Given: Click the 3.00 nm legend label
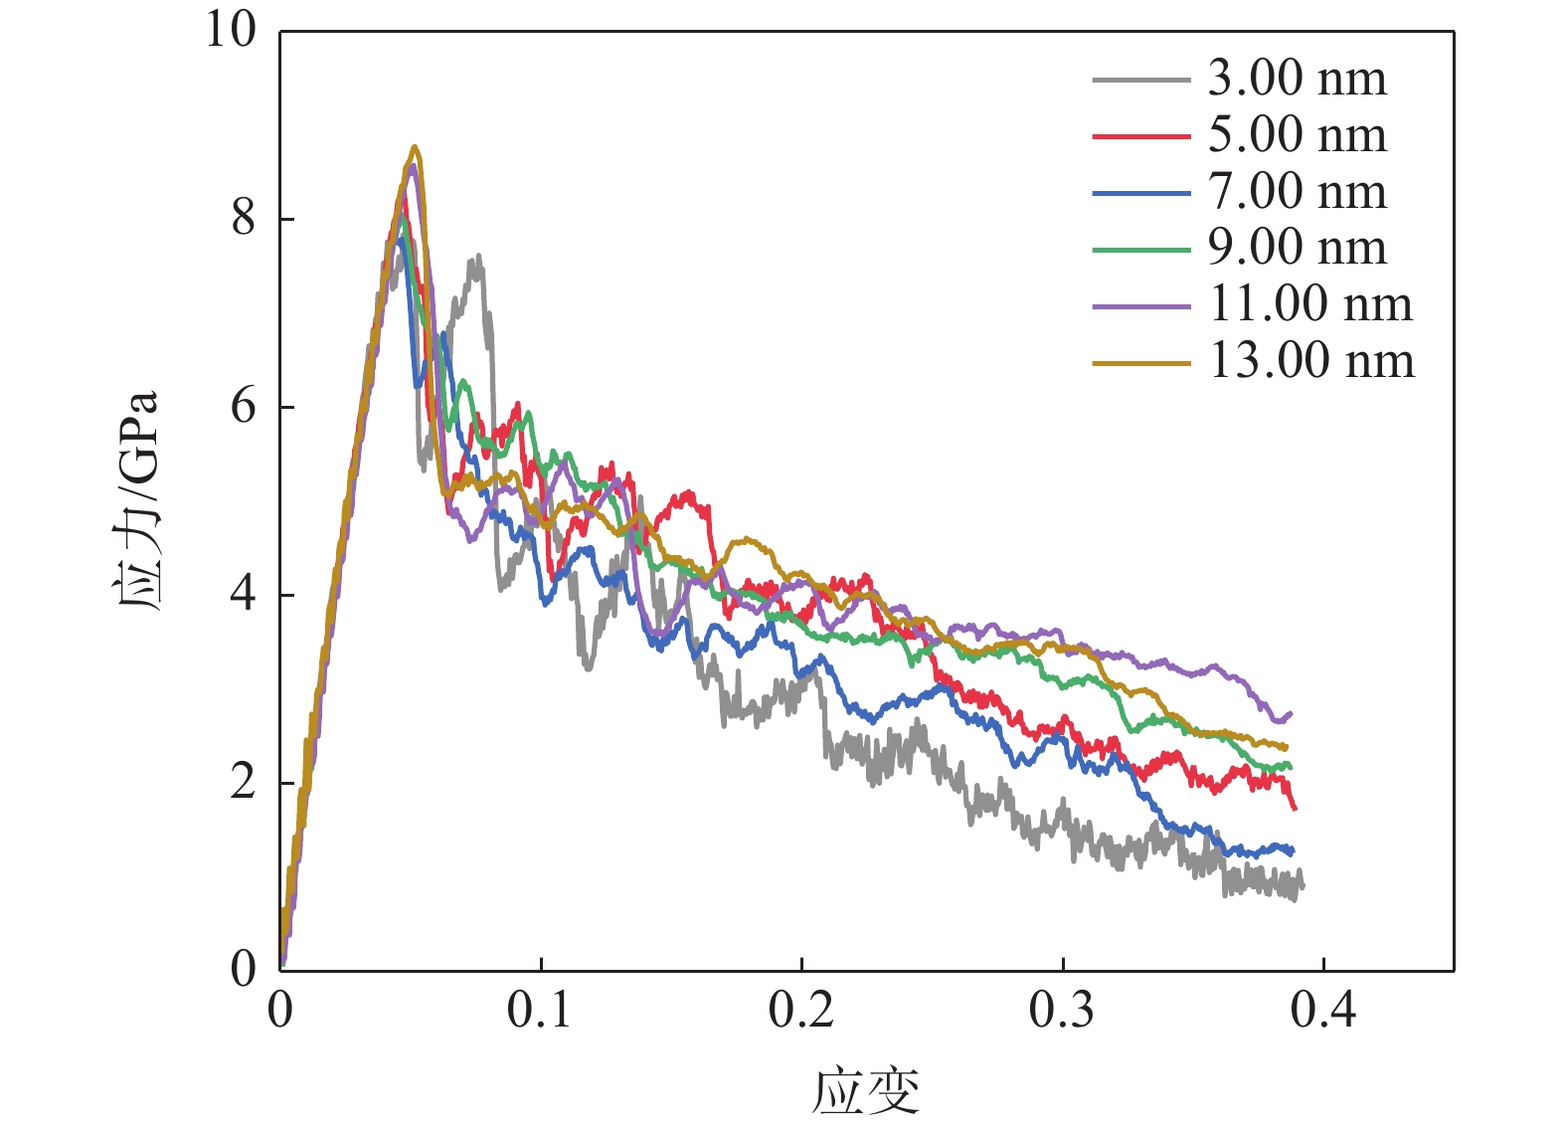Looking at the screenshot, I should coord(1297,79).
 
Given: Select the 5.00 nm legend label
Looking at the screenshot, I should coord(1297,135).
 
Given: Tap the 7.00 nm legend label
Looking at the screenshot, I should coord(1297,192).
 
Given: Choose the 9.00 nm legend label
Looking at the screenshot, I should coord(1297,248).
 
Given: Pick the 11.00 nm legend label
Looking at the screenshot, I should coord(1309,304).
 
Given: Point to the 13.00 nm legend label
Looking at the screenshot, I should coord(1310,361).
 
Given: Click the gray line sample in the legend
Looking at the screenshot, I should coord(1140,80).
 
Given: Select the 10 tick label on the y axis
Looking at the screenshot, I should coord(231,30).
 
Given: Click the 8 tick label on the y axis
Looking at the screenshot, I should coord(244,218).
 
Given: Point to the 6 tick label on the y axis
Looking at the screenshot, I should coord(244,406).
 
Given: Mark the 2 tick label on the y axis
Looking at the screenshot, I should coord(244,782).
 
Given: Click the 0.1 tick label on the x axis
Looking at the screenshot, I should coord(539,1011).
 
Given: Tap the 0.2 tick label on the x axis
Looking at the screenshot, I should coord(800,1011).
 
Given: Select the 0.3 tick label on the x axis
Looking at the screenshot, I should coord(1062,1011).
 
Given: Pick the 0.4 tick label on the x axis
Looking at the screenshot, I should coord(1323,1011).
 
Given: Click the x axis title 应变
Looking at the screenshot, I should coord(865,1091).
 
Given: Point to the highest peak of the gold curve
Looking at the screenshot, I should coord(416,147).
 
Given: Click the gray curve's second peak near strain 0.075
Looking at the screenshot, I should coord(478,257).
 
